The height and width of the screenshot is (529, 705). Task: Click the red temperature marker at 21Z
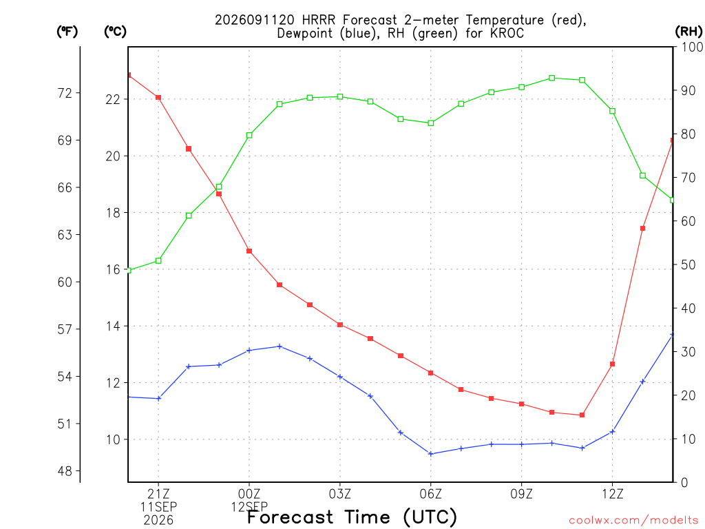[x=158, y=98]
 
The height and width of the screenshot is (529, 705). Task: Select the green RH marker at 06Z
[x=431, y=123]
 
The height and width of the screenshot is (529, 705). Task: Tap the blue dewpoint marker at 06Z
[x=431, y=454]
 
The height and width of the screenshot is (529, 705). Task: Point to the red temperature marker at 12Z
[x=612, y=364]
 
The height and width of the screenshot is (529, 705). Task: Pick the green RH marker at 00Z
[x=249, y=135]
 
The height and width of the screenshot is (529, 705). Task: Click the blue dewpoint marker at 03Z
[x=340, y=377]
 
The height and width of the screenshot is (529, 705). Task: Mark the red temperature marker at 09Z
[x=522, y=404]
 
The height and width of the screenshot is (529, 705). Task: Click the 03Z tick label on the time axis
[x=340, y=494]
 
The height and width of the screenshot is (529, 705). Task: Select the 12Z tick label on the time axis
[x=612, y=494]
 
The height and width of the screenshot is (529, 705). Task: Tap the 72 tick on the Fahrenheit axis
[x=65, y=93]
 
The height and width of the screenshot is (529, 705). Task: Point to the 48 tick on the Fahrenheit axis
[x=65, y=471]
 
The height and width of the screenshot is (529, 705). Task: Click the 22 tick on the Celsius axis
[x=113, y=99]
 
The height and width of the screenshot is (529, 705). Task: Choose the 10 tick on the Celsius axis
[x=113, y=439]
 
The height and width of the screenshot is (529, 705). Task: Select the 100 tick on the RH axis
[x=692, y=47]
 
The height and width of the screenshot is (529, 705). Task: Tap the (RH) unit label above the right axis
[x=688, y=31]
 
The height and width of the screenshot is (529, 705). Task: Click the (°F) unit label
[x=67, y=31]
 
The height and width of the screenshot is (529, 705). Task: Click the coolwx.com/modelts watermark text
[x=633, y=520]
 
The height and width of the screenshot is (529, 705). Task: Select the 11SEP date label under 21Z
[x=158, y=506]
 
